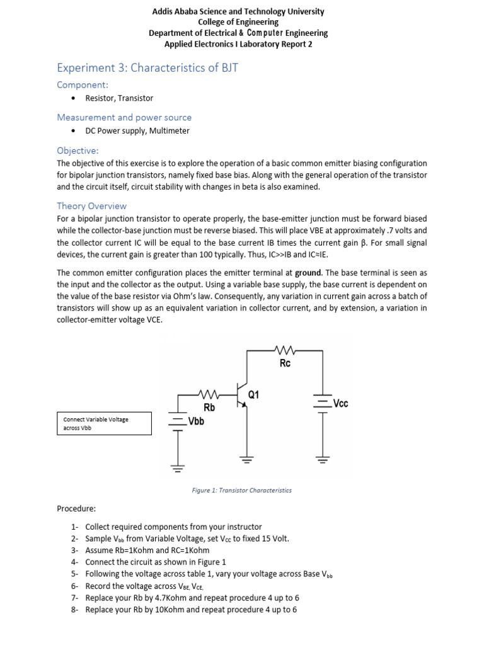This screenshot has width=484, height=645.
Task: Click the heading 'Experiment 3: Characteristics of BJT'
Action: click(x=147, y=67)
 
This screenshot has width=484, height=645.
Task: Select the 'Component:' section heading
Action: click(x=83, y=84)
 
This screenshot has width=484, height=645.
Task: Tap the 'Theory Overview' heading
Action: click(x=91, y=206)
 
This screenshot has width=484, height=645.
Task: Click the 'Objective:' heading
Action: click(x=78, y=151)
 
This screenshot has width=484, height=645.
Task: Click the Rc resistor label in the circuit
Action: click(x=285, y=363)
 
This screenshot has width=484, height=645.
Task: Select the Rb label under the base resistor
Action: click(x=209, y=408)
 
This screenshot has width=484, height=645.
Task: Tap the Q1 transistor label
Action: click(x=254, y=395)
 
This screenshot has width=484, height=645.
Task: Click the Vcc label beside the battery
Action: click(x=340, y=404)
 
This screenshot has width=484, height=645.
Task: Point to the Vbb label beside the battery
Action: click(x=196, y=422)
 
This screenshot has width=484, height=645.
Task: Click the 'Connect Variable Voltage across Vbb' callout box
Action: click(x=105, y=423)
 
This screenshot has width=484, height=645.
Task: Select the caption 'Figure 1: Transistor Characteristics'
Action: click(x=242, y=490)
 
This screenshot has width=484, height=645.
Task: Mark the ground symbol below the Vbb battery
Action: click(x=178, y=468)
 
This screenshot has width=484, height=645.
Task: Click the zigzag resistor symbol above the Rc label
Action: click(x=285, y=348)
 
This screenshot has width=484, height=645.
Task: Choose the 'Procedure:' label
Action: click(x=77, y=508)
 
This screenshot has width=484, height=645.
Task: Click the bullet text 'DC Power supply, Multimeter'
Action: click(x=137, y=131)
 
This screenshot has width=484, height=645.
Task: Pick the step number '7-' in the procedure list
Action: click(x=74, y=598)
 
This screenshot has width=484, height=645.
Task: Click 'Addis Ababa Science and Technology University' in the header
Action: click(x=238, y=11)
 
